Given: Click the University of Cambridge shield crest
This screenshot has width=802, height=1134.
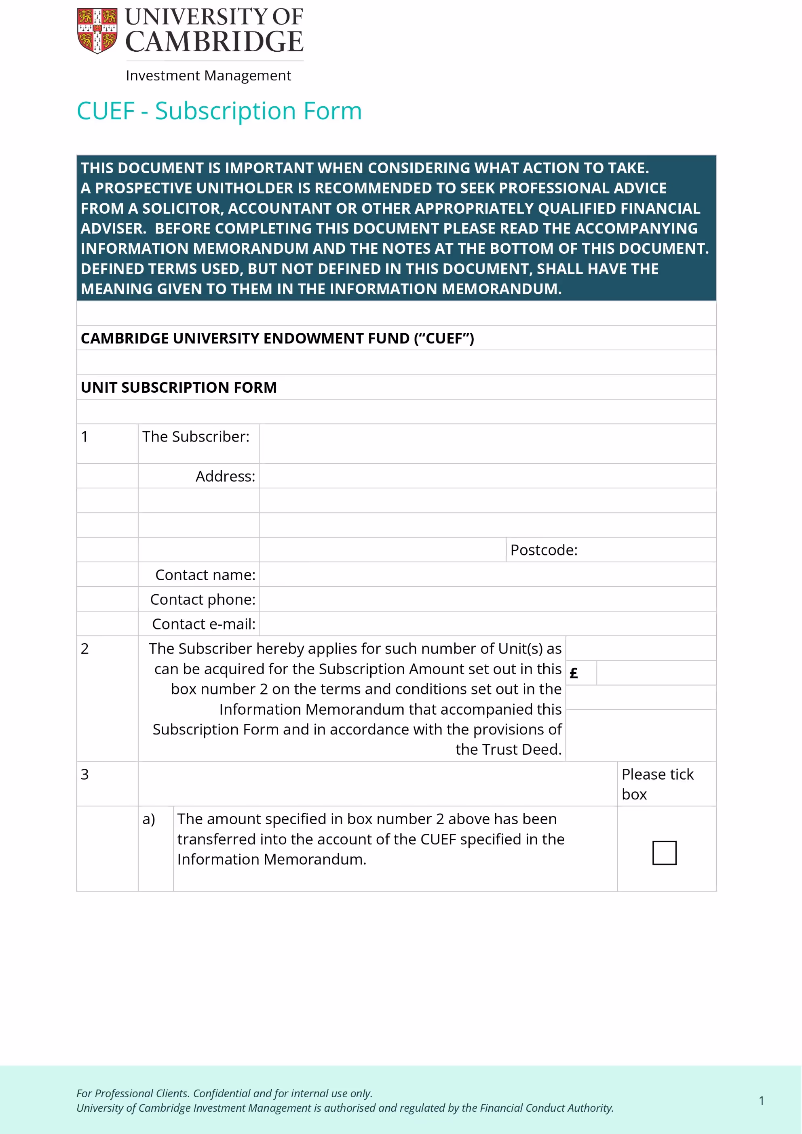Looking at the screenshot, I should [97, 30].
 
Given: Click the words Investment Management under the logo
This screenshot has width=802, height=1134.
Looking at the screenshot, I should [208, 76].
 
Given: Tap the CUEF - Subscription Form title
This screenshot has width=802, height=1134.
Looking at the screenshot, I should [219, 111].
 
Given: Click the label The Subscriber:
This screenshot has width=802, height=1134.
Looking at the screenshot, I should [196, 437].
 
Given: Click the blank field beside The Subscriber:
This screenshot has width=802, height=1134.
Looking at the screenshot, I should [487, 444].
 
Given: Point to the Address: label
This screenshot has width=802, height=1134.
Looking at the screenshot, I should [225, 476].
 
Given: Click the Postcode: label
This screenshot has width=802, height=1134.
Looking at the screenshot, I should [544, 550].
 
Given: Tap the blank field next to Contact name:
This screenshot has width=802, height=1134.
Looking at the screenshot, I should [487, 574].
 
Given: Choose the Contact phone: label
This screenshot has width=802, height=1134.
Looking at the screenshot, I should [203, 599].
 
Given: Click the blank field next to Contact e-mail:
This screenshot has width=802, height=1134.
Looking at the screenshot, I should [487, 623].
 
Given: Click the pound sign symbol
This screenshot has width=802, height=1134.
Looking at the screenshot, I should [574, 673].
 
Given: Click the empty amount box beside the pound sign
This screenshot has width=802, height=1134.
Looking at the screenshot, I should [656, 673].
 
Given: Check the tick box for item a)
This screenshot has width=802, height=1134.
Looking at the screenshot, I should [664, 853].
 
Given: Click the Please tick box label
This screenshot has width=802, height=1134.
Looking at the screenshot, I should [657, 784].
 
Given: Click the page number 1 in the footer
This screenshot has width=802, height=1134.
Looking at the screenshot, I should [762, 1100].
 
